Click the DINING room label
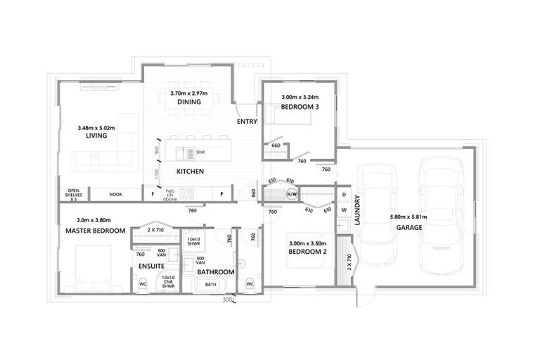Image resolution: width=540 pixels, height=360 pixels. coord(189,102)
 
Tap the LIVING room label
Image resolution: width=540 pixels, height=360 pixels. coord(96,136)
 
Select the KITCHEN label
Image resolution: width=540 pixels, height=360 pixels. coord(190,172)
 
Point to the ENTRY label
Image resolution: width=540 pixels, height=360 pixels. coord(247,122)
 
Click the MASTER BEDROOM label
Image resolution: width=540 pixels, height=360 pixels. coord(95,231)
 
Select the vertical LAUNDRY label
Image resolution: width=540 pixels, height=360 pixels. coord(357,210)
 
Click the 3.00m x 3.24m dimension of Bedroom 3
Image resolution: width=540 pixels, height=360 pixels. coord(300,97)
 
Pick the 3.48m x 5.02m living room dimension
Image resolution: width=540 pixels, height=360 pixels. coord(96,127)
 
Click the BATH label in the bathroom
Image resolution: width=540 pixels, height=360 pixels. coord(210,285)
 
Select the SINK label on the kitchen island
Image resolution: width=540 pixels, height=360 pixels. coord(200,151)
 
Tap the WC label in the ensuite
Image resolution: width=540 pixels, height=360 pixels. coord(143,285)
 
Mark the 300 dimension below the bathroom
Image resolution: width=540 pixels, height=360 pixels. coord(226,299)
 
